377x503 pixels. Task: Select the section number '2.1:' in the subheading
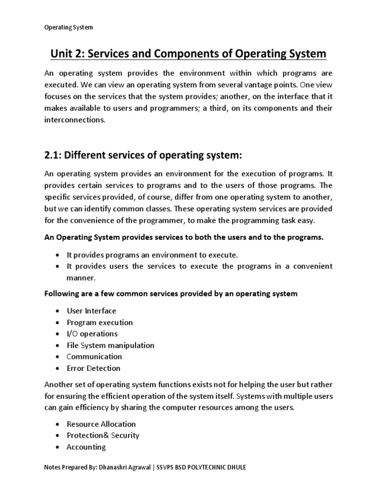pos(55,156)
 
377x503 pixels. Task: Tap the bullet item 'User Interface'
pos(91,311)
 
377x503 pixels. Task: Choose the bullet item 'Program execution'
pos(100,322)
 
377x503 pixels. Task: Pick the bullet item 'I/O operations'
pos(92,334)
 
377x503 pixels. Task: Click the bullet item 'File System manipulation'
pos(110,345)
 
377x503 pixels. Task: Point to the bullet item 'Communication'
pos(94,357)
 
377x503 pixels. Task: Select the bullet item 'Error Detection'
pos(93,368)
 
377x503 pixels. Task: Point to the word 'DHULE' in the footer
pos(235,468)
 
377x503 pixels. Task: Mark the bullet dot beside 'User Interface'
pos(58,311)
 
